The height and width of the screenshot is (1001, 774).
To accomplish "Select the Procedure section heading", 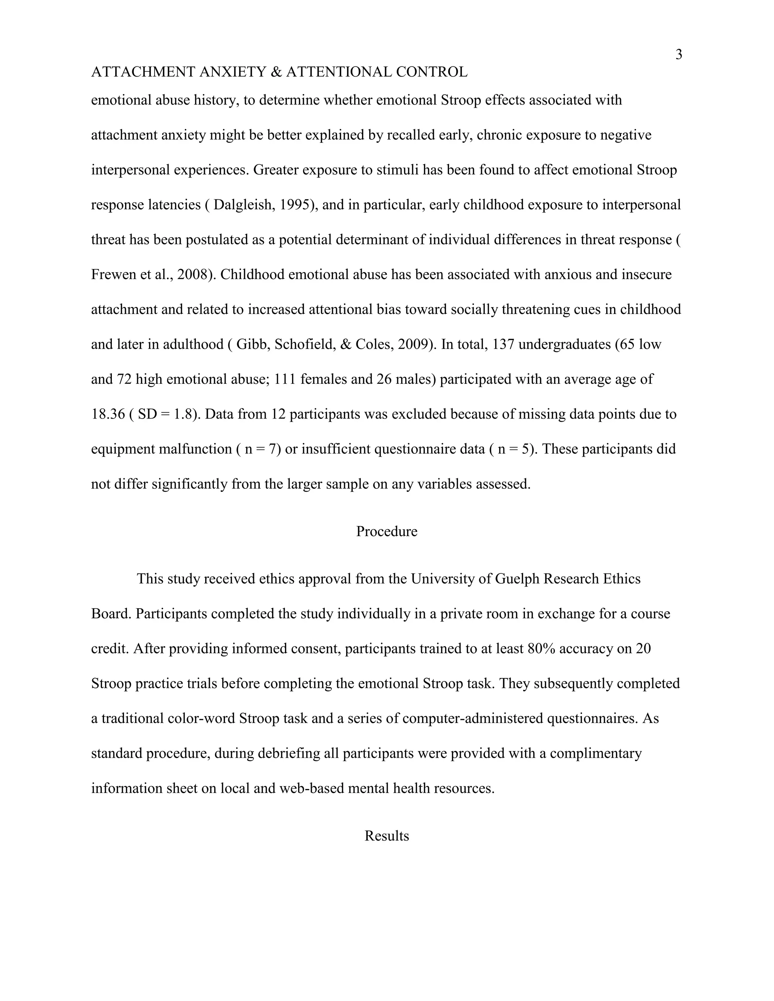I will tap(387, 531).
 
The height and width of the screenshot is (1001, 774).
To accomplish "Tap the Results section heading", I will tap(387, 836).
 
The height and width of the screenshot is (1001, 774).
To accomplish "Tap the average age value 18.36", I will tap(108, 414).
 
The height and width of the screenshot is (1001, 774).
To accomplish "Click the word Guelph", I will tap(517, 579).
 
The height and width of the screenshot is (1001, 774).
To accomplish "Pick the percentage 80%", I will tap(542, 649).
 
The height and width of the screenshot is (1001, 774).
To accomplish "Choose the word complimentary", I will tap(596, 753).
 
